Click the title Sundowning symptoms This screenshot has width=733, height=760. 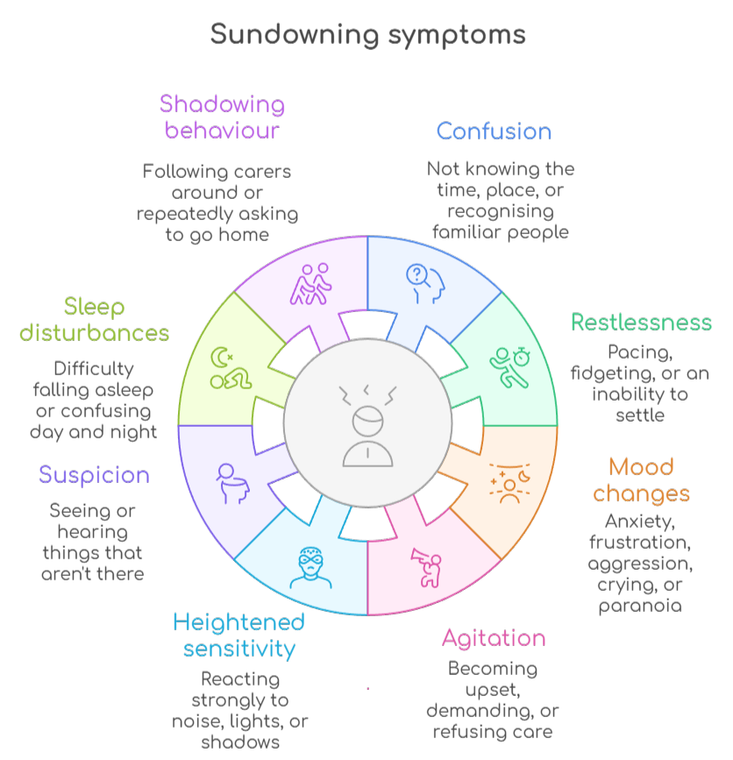coord(367,35)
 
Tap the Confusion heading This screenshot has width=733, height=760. coord(494,131)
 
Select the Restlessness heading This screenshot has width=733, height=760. coord(641,322)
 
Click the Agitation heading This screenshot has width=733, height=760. coord(494,638)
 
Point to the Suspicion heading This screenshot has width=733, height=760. coord(94,475)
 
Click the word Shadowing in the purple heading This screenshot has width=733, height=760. coord(222,105)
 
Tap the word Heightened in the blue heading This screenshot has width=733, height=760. coord(238,622)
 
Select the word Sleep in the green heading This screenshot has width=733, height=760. coord(94,308)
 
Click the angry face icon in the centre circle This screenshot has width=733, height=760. coord(366,425)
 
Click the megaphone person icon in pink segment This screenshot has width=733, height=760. coord(425,565)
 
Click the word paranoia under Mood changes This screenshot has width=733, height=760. coord(640,606)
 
